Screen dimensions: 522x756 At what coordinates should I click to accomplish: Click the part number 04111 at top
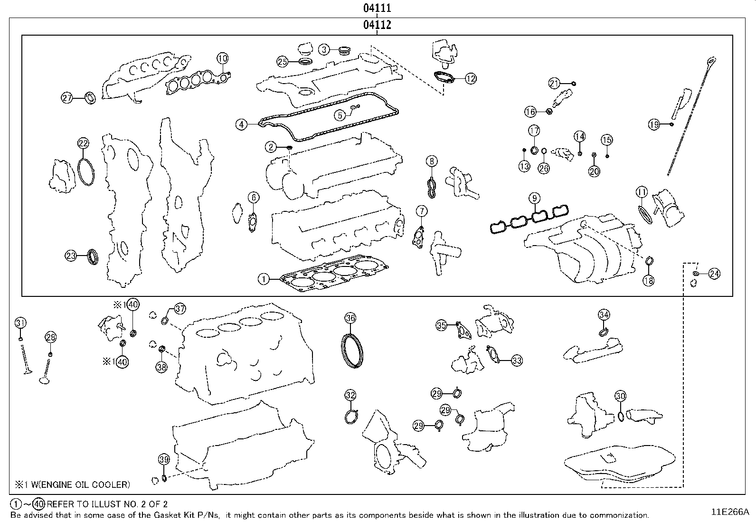click(x=377, y=8)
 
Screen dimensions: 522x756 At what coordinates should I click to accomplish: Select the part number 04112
click(x=377, y=25)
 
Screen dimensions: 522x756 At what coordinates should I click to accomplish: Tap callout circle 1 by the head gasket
click(x=263, y=279)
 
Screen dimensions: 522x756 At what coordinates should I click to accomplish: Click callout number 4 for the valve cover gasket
click(x=242, y=124)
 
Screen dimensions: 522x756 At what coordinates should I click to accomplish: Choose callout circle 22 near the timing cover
click(x=83, y=143)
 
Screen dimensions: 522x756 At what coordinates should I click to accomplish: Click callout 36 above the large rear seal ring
click(x=350, y=318)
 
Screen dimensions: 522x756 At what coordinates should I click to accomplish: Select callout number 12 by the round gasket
click(x=470, y=79)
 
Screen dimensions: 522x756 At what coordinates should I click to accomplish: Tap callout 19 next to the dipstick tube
click(x=654, y=124)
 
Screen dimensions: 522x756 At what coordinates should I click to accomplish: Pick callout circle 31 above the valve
click(x=20, y=323)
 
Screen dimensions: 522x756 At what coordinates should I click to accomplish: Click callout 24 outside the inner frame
click(x=714, y=274)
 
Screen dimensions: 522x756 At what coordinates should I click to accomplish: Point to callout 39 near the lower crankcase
click(x=163, y=459)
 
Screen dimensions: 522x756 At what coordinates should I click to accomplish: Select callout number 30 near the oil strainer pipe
click(x=620, y=396)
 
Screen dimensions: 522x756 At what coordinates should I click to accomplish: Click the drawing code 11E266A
click(x=729, y=512)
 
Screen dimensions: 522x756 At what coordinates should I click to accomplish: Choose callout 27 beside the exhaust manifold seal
click(x=67, y=98)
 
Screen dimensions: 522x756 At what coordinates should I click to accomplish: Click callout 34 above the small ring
click(x=604, y=314)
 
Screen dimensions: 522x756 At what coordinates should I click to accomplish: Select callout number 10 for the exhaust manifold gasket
click(x=222, y=58)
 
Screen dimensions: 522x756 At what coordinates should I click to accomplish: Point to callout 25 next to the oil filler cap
click(x=283, y=61)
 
